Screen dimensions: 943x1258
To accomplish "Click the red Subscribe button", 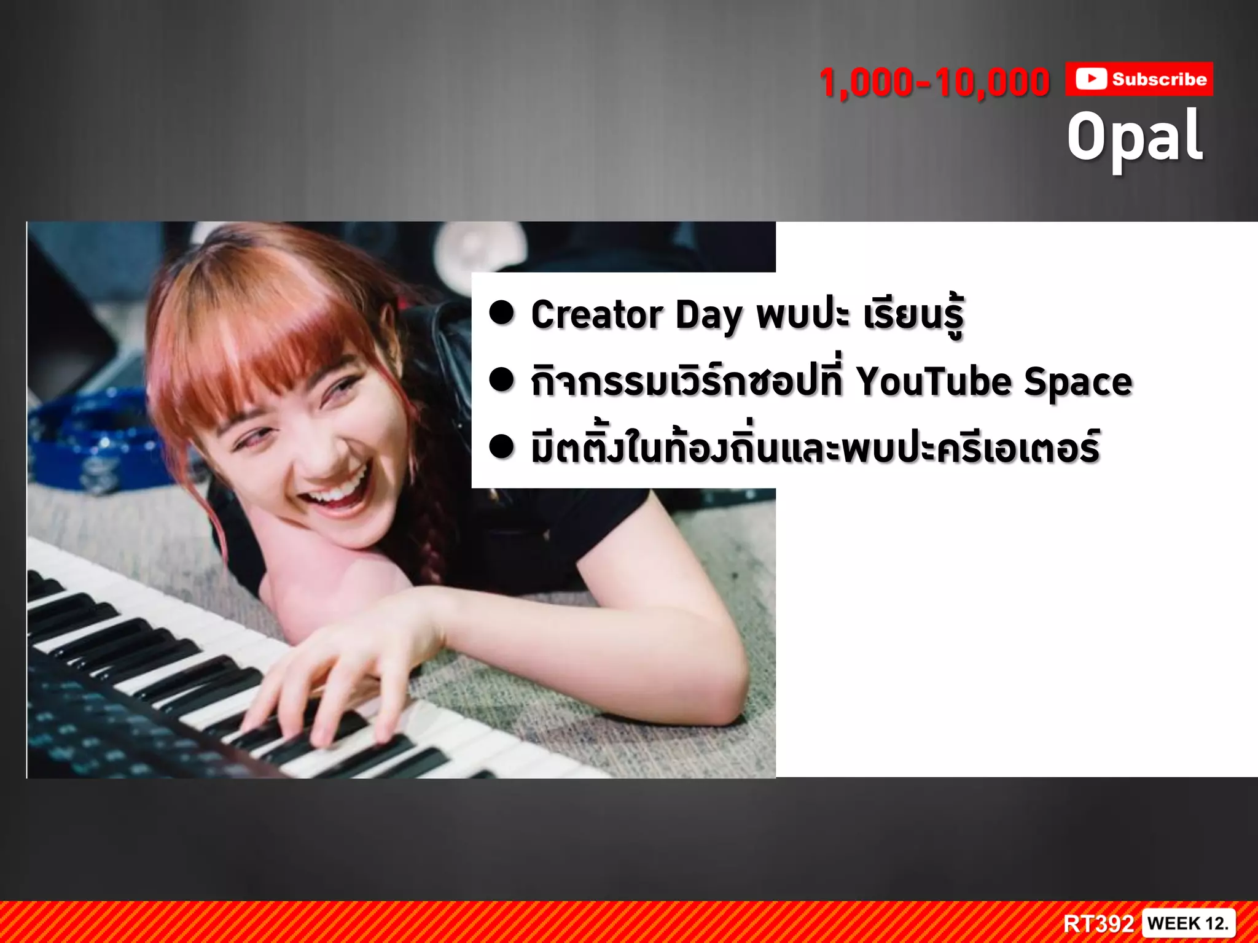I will pos(1139,79).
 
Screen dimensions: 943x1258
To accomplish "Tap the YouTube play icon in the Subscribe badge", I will pos(1091,79).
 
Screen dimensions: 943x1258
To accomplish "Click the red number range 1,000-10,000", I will pos(934,83).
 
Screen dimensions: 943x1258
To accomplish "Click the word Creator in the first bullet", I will pos(596,315).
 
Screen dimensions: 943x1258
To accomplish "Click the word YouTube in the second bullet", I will pos(934,381).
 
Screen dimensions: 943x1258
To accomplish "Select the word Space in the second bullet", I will pos(1078,382).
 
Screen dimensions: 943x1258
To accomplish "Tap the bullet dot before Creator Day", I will pos(501,312).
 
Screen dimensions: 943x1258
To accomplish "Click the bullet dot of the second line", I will pos(501,379).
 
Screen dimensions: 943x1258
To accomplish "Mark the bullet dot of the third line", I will pos(501,446).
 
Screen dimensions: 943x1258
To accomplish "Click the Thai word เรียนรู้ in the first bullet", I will pos(913,315).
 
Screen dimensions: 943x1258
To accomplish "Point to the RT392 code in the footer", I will pos(1098,923).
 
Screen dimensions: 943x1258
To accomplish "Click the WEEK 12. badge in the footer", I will pos(1187,923).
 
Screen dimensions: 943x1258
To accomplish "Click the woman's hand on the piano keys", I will pos(344,675).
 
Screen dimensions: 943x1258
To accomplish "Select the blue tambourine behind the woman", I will pos(92,442).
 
